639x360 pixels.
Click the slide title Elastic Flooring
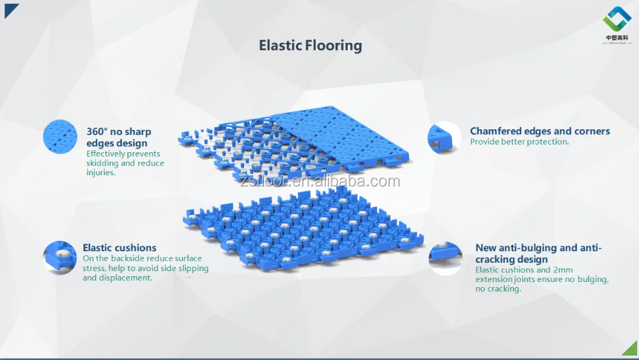[x=310, y=45]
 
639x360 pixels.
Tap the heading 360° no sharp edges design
[x=118, y=137]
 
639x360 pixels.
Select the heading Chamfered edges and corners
[x=540, y=131]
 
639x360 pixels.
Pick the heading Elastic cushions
[x=119, y=247]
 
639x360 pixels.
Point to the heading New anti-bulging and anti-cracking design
[x=538, y=253]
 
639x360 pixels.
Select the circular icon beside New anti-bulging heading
[x=445, y=258]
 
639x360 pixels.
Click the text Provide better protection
[x=519, y=142]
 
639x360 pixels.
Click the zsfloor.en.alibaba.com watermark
[x=321, y=182]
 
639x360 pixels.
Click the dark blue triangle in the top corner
[x=10, y=9]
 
